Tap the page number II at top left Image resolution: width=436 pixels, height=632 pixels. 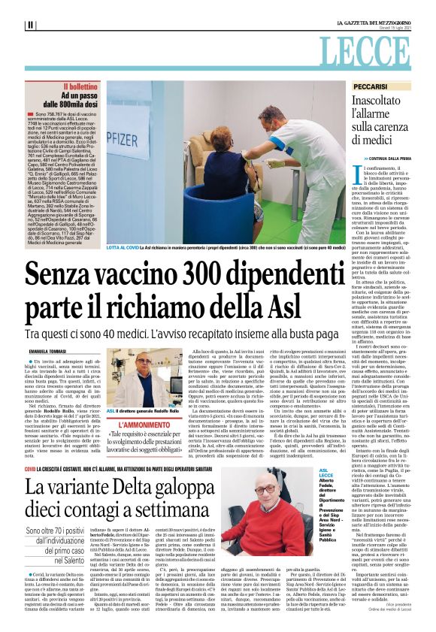point(30,25)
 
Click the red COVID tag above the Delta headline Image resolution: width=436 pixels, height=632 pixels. point(30,467)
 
